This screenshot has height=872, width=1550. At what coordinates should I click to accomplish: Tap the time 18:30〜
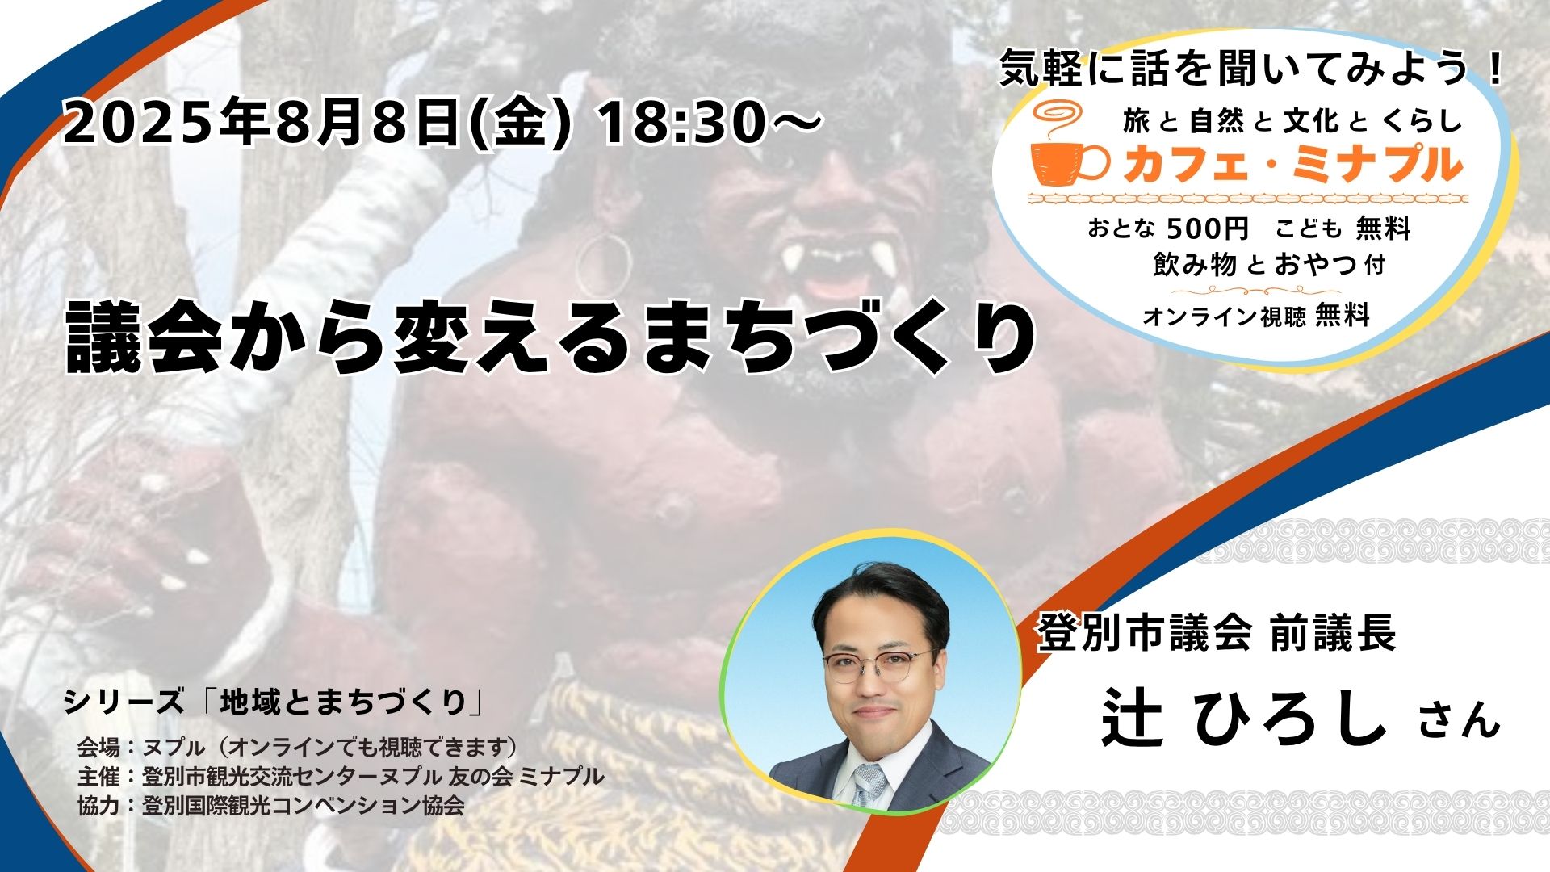pos(708,124)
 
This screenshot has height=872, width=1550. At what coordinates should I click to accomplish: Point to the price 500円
pos(1208,229)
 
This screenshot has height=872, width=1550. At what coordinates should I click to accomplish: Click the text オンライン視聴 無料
pos(1256,317)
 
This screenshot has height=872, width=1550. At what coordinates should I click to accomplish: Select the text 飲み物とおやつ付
pos(1269,264)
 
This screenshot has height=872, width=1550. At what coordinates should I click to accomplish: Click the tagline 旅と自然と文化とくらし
pos(1292,121)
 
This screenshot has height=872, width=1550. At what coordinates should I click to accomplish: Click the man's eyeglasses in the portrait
pos(879,664)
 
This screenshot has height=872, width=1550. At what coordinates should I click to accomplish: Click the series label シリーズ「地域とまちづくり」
pos(274,702)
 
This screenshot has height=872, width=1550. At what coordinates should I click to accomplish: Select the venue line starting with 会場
pos(297,748)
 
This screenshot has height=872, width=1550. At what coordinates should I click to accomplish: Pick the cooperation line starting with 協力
pos(270,805)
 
